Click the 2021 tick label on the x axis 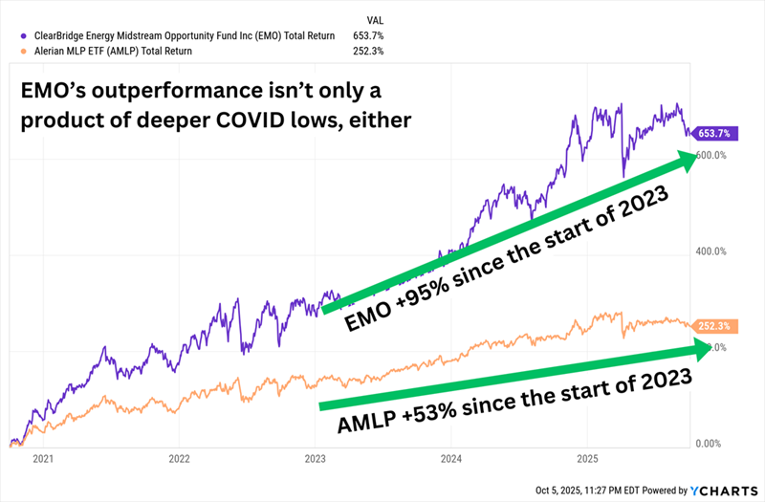pyautogui.click(x=41, y=458)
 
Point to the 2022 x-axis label pyautogui.click(x=179, y=458)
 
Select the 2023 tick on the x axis pyautogui.click(x=316, y=458)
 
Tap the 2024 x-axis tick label pyautogui.click(x=452, y=458)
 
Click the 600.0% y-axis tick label pyautogui.click(x=712, y=155)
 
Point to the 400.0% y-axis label pyautogui.click(x=712, y=251)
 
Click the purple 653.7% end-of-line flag pyautogui.click(x=711, y=133)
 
